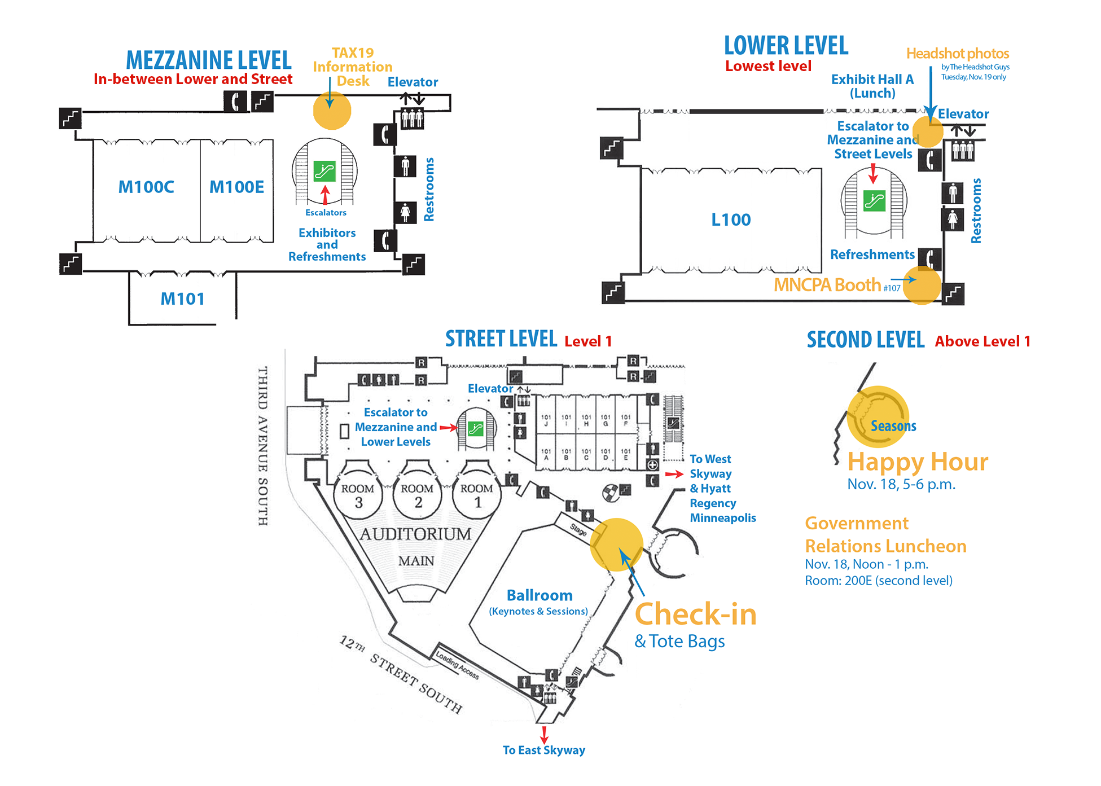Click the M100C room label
[146, 187]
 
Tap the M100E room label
[236, 187]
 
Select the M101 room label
[182, 298]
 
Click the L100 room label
[731, 219]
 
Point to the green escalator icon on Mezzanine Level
[324, 170]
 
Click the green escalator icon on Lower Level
[874, 200]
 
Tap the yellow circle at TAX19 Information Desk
[332, 111]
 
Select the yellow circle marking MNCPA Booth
[922, 286]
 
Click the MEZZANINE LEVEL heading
[208, 60]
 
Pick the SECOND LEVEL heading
[865, 340]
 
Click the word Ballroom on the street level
[539, 595]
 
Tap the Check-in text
[695, 614]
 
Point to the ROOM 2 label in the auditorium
[417, 495]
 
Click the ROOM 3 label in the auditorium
[358, 495]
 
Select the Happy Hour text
[918, 462]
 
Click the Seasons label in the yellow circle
[893, 426]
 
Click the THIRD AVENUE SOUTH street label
[263, 446]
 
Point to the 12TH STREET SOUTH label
[401, 674]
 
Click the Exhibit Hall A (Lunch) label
[872, 86]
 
